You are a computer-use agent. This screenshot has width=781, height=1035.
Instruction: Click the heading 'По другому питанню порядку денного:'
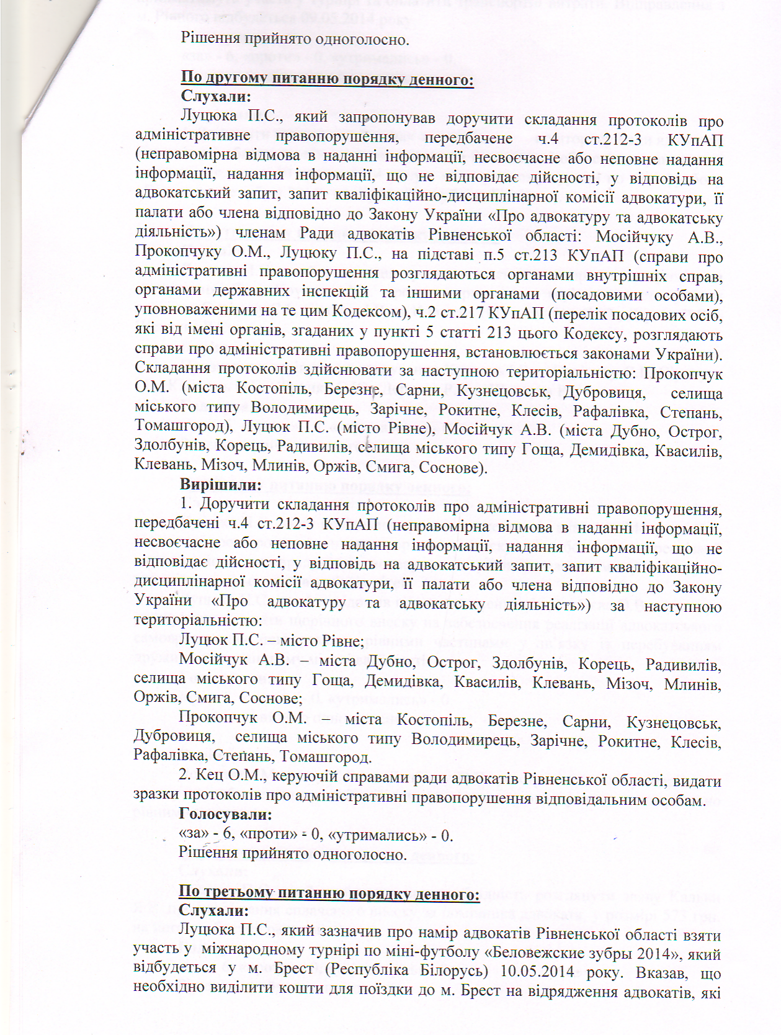(327, 79)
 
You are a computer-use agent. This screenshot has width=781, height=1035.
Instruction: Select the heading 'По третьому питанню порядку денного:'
(329, 894)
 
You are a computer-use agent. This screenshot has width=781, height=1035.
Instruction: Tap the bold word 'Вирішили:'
(220, 485)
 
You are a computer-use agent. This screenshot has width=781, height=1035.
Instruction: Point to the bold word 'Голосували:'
(225, 814)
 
